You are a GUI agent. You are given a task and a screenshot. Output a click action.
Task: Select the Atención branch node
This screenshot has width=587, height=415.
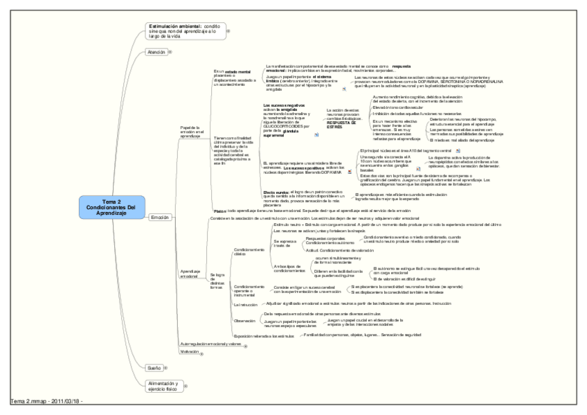156,52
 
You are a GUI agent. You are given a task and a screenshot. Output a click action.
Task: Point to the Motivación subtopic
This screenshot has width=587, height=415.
189,352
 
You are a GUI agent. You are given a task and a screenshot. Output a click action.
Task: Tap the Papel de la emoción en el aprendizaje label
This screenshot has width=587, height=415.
190,132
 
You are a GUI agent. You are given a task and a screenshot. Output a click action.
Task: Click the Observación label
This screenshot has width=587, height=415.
246,321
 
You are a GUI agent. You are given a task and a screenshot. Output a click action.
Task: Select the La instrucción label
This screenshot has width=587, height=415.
245,304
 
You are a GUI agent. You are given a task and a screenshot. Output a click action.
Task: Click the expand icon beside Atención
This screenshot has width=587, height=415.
171,52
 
